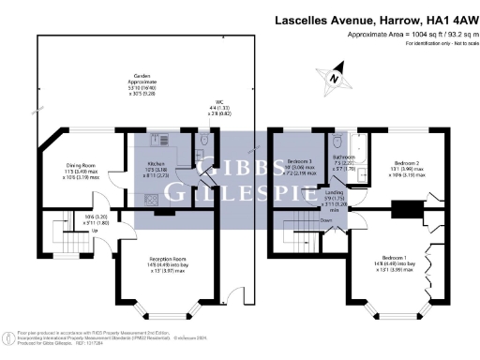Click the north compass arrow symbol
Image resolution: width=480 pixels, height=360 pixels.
[335, 79]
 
